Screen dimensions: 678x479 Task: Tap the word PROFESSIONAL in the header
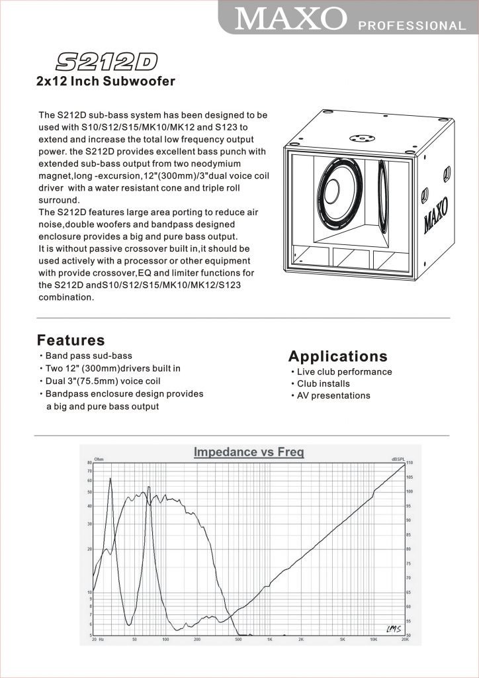pyautogui.click(x=412, y=26)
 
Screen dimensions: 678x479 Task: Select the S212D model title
pyautogui.click(x=107, y=62)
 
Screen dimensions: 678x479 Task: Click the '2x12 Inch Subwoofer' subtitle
pyautogui.click(x=105, y=82)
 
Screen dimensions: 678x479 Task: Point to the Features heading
pyautogui.click(x=71, y=340)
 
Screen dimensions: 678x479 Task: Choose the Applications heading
pyautogui.click(x=338, y=356)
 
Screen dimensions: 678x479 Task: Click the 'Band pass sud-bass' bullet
pyautogui.click(x=89, y=356)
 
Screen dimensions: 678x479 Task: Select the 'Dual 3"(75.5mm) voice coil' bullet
pyautogui.click(x=103, y=381)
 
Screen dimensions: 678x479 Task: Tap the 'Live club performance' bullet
pyautogui.click(x=344, y=371)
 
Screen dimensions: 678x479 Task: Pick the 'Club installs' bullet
pyautogui.click(x=324, y=383)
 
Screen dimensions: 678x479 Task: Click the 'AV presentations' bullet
pyautogui.click(x=333, y=395)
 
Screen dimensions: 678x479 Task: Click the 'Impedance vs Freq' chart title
pyautogui.click(x=249, y=452)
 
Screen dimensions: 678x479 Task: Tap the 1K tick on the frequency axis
pyautogui.click(x=270, y=640)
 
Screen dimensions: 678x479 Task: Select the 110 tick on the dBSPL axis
pyautogui.click(x=410, y=462)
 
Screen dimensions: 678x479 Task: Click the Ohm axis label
pyautogui.click(x=99, y=458)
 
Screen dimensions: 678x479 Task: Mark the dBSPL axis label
pyautogui.click(x=398, y=458)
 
